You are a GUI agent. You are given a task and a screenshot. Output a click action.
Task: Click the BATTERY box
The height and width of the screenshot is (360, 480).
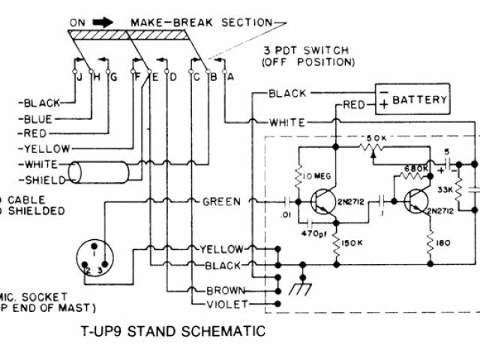[412, 99]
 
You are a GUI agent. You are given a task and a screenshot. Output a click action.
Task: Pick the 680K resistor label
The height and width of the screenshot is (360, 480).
[416, 169]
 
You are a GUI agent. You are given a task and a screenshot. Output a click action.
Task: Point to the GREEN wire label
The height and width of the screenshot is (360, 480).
[221, 202]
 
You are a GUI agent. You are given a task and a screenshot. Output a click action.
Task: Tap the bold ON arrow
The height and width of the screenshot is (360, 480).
[102, 22]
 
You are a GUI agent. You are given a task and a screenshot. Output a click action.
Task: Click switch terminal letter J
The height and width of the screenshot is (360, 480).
[78, 76]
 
